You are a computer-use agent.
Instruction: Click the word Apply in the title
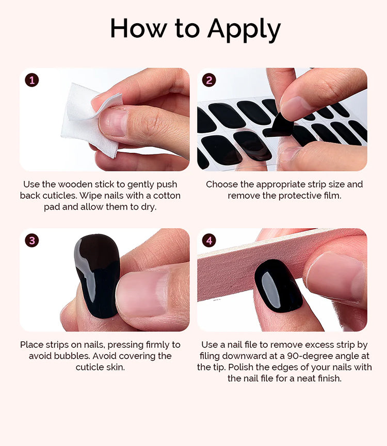click(244, 30)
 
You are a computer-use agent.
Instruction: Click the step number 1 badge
click(31, 80)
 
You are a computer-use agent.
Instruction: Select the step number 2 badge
click(209, 80)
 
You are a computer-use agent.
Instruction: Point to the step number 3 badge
click(31, 241)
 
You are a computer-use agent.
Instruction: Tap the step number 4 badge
click(209, 241)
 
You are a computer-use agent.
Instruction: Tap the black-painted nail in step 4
click(278, 285)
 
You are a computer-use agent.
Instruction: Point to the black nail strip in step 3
click(97, 275)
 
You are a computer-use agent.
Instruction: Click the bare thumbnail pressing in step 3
click(143, 294)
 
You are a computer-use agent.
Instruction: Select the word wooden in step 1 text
click(75, 184)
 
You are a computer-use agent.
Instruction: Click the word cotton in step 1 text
click(167, 196)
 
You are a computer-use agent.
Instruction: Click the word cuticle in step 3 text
click(89, 367)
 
